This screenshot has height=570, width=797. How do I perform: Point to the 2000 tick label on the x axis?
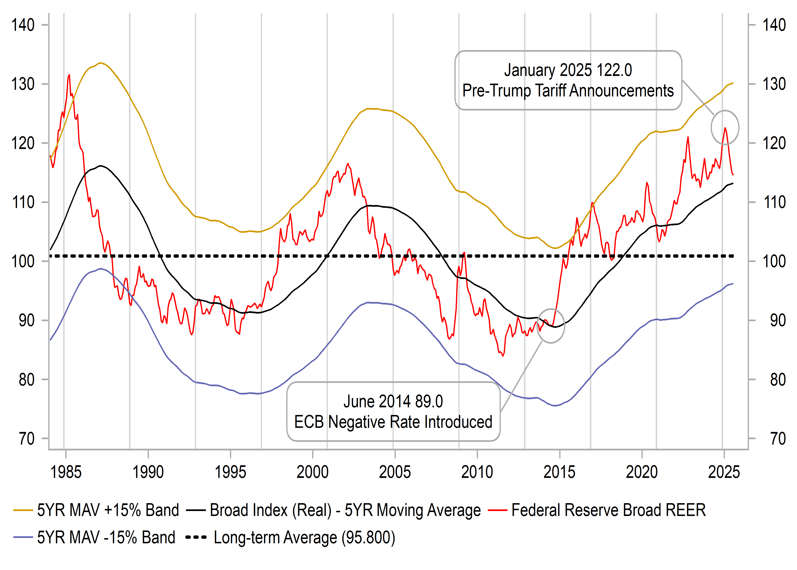[x=312, y=472]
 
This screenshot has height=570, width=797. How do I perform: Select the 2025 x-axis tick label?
[x=724, y=472]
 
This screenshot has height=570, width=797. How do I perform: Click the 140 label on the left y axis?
[x=23, y=25]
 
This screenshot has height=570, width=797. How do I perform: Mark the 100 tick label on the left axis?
[x=23, y=261]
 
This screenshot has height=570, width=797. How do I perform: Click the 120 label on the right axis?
[x=774, y=143]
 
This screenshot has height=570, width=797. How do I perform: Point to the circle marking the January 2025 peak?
[x=725, y=127]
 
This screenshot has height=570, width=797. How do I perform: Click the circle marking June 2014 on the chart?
[x=551, y=326]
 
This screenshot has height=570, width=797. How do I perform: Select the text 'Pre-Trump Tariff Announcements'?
[x=568, y=91]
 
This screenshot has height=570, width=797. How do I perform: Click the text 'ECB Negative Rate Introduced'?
[x=393, y=422]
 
